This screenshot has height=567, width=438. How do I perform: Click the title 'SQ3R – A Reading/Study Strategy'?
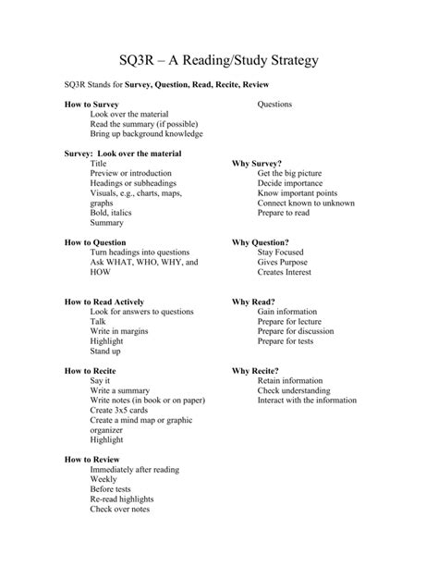pyautogui.click(x=219, y=61)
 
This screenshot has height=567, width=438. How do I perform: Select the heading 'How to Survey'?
pyautogui.click(x=92, y=105)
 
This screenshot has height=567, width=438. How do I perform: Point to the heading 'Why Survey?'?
pyautogui.click(x=257, y=163)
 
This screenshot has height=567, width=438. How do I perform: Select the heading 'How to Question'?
pyautogui.click(x=96, y=242)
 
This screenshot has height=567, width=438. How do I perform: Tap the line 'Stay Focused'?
pyautogui.click(x=280, y=253)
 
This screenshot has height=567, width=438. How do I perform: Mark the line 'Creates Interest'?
pyautogui.click(x=285, y=272)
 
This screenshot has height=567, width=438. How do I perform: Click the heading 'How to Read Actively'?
pyautogui.click(x=104, y=302)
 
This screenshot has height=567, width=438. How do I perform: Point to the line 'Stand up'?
pyautogui.click(x=105, y=351)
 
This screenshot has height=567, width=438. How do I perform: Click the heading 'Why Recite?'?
pyautogui.click(x=255, y=371)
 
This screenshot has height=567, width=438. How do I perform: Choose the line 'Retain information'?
pyautogui.click(x=290, y=381)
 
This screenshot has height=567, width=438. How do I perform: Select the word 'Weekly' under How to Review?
pyautogui.click(x=103, y=479)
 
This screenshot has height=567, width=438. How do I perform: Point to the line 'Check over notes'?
pyautogui.click(x=119, y=510)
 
